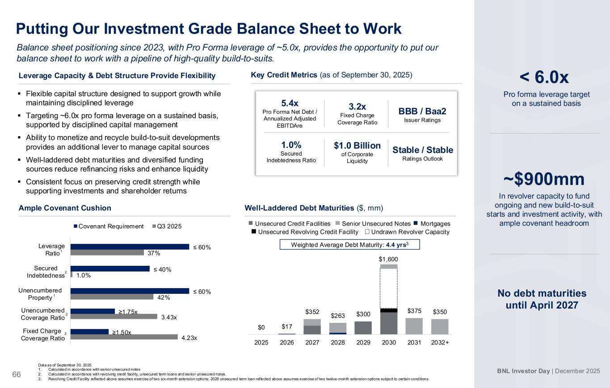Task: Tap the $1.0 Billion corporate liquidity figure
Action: (357, 146)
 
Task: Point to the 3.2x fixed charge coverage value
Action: (357, 107)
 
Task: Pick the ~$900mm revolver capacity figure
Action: (544, 179)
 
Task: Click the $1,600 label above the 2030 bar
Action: (388, 259)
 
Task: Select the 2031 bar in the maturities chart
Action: (414, 326)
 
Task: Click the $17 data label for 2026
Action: (287, 327)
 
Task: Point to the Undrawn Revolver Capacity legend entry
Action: (406, 232)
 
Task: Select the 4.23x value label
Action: (189, 338)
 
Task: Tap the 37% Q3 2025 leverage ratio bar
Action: (107, 252)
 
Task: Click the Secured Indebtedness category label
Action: (46, 272)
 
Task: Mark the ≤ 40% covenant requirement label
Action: (164, 269)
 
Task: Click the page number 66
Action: (17, 374)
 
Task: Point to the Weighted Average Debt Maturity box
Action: (349, 244)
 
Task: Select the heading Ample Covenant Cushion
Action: (65, 208)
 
